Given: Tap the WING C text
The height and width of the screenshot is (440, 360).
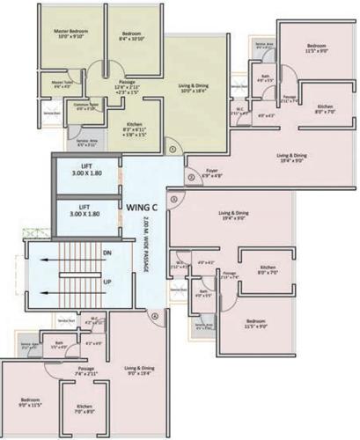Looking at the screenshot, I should (141, 207).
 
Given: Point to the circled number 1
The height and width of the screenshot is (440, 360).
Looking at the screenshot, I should (173, 149).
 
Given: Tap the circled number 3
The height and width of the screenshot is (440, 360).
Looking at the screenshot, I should (174, 199).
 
